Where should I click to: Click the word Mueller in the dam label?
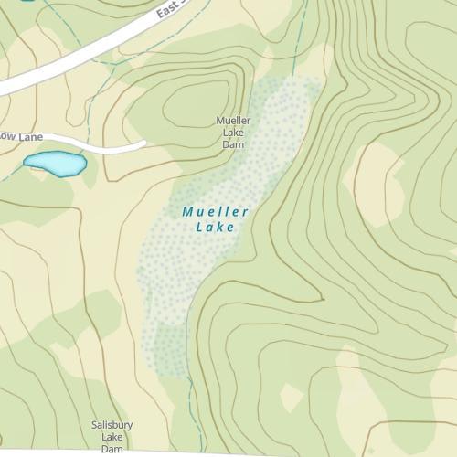coord(233,120)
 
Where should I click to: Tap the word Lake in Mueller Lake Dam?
coord(233,132)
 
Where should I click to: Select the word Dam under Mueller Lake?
coord(233,143)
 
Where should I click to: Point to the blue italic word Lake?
coord(216,228)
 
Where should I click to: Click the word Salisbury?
coord(112,425)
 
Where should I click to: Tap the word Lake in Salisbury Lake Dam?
coord(112,437)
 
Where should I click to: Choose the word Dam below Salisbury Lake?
coord(112,449)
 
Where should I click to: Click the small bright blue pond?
coord(55,164)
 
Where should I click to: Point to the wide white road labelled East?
coord(82,55)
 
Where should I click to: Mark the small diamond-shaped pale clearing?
coord(292,397)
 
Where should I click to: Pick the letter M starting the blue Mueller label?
coord(187,212)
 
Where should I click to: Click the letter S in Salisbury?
coord(95,425)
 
